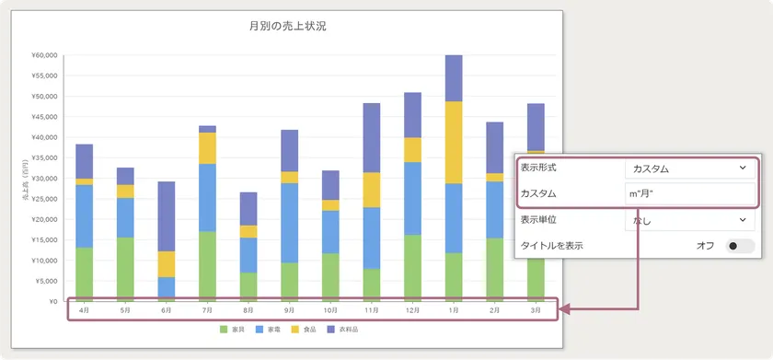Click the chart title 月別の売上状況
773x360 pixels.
[287, 26]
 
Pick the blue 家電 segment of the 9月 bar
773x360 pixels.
[289, 223]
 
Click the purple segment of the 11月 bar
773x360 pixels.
[371, 137]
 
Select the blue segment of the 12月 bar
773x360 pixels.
[411, 198]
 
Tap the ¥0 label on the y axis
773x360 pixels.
[52, 301]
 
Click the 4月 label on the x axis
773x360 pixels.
[85, 311]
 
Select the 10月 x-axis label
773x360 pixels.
[329, 311]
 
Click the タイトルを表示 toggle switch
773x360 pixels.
[739, 246]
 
